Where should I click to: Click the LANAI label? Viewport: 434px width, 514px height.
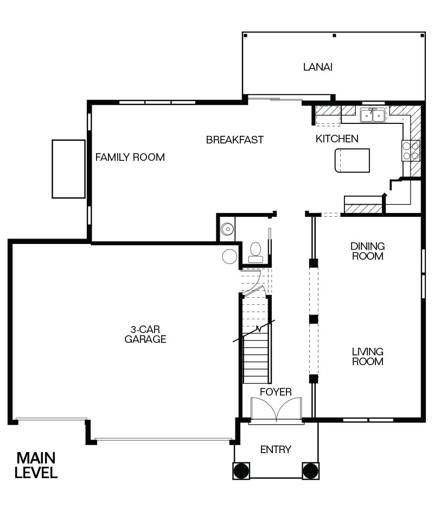[317, 67]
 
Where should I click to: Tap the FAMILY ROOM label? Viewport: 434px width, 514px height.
[130, 158]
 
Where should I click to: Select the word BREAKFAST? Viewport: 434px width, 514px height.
[235, 140]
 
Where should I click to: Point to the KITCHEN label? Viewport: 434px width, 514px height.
[337, 139]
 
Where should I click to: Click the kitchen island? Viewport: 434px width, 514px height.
[352, 160]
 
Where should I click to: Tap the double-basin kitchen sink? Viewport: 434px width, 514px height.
[373, 115]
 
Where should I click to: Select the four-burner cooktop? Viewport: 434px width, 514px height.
[411, 151]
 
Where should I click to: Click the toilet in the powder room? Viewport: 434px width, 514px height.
[256, 253]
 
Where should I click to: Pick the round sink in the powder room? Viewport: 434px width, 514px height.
[227, 229]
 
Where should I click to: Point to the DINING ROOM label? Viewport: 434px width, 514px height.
[368, 251]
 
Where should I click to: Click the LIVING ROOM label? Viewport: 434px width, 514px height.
[368, 356]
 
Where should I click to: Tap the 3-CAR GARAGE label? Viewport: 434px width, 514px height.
[145, 334]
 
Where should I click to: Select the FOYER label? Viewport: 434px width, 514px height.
[276, 392]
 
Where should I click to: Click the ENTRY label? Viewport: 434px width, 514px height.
[276, 449]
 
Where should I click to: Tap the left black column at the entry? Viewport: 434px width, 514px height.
[241, 471]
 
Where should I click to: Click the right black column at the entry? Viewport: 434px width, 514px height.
[310, 471]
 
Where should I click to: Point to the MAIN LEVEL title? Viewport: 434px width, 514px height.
[36, 465]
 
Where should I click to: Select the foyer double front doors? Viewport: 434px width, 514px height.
[276, 409]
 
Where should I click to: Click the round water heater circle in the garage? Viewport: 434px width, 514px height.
[229, 256]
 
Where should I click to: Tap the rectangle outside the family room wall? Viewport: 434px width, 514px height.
[69, 169]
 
